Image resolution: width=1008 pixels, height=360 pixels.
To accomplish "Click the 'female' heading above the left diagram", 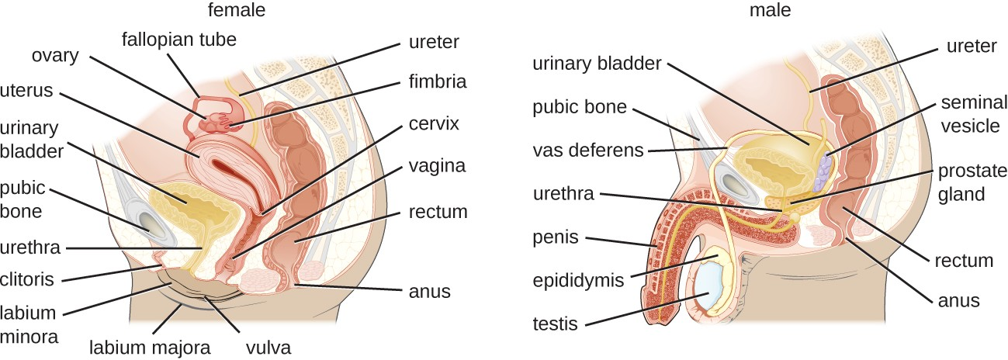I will pyautogui.click(x=236, y=10).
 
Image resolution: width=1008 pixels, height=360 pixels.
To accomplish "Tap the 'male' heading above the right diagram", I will pyautogui.click(x=770, y=10).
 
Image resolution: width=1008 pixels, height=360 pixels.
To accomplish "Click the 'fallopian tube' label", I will pyautogui.click(x=178, y=37).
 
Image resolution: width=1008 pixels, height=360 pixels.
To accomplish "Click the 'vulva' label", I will pyautogui.click(x=268, y=348).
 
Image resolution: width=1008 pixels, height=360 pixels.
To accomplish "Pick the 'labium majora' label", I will pyautogui.click(x=150, y=348).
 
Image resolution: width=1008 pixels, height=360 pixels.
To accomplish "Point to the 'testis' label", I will pyautogui.click(x=556, y=324).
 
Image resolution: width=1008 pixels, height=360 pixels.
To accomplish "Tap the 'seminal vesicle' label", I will pyautogui.click(x=969, y=114).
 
